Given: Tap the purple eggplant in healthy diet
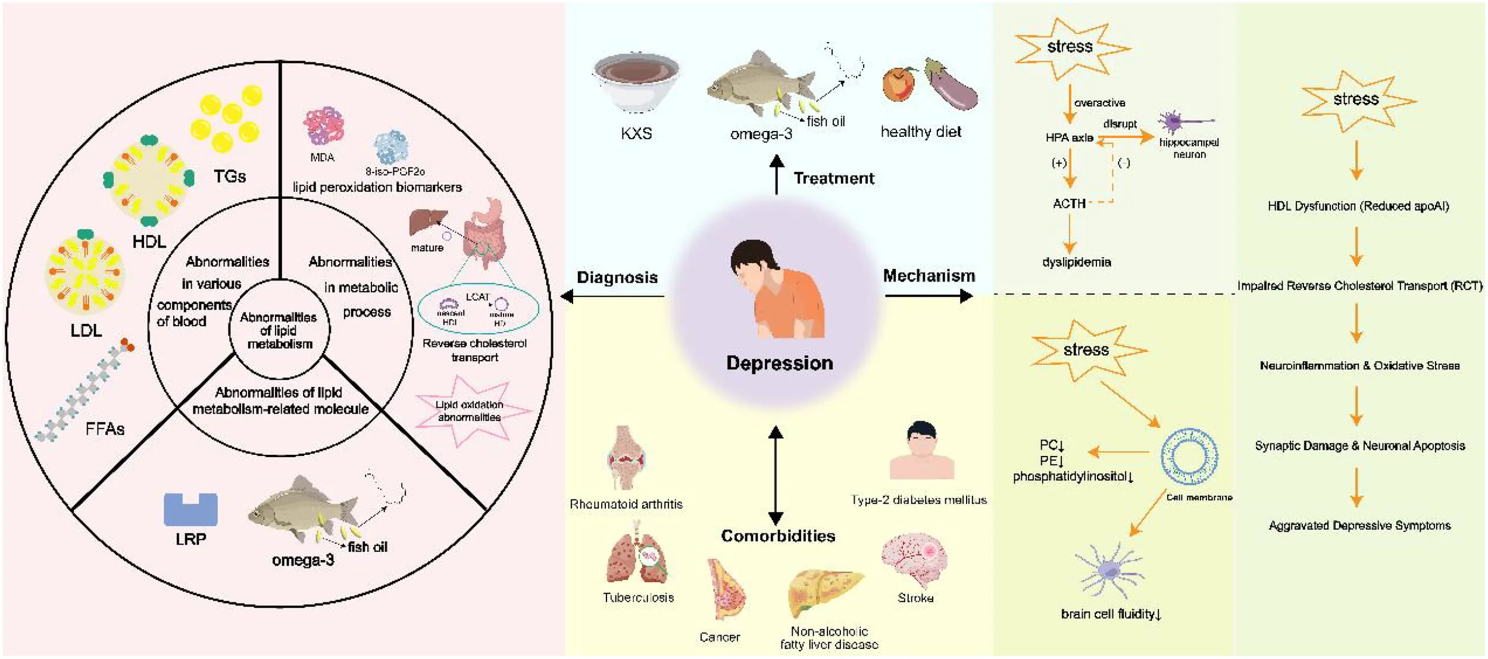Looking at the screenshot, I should click(x=952, y=86).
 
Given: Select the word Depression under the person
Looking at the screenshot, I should click(x=779, y=363).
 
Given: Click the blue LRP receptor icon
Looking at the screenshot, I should click(x=190, y=510).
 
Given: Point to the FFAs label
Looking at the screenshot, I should click(x=105, y=429).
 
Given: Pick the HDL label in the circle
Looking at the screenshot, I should click(x=149, y=241).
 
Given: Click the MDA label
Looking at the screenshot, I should click(x=322, y=158).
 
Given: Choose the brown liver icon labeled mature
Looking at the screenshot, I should click(x=427, y=222).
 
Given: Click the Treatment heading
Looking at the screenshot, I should click(x=834, y=178).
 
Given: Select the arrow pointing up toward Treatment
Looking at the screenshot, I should click(x=776, y=174).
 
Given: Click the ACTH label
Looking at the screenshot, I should click(x=1069, y=204).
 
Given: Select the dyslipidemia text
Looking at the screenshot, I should click(x=1076, y=262).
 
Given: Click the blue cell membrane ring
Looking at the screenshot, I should click(x=1189, y=457).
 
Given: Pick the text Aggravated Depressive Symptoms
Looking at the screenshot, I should click(x=1359, y=526).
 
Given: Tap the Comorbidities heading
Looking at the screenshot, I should click(x=778, y=536).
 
